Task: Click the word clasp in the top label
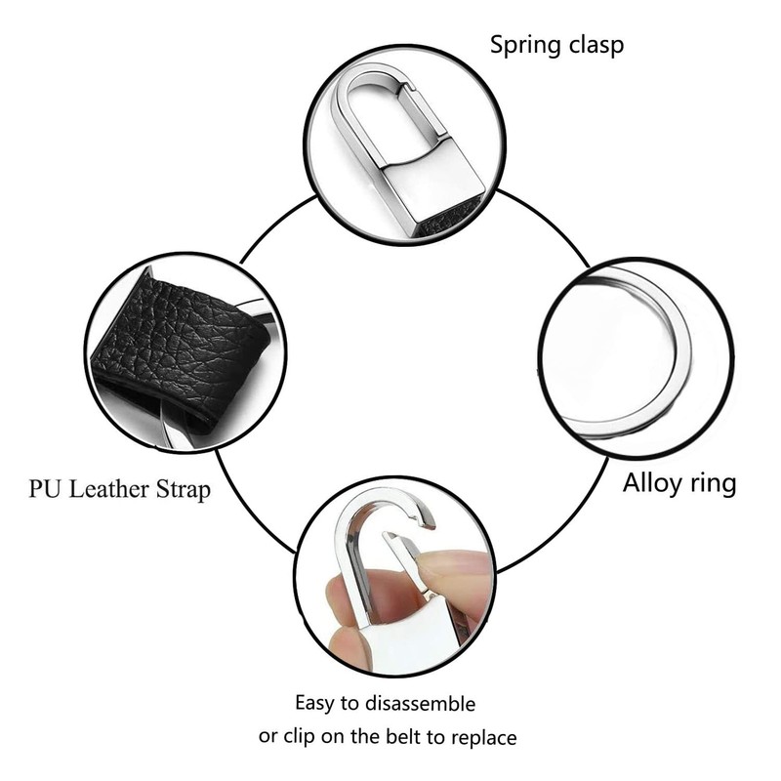click(x=595, y=44)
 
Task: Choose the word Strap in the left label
click(x=184, y=489)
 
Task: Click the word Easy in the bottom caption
click(x=316, y=703)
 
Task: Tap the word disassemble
click(x=420, y=703)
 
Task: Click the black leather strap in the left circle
click(x=176, y=342)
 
